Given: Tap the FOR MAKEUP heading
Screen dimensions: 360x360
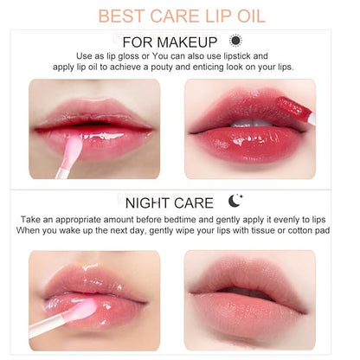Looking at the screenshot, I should [169, 42].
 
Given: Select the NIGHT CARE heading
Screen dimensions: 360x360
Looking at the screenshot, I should [170, 203].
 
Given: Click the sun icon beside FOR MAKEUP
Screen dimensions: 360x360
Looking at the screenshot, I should [235, 41].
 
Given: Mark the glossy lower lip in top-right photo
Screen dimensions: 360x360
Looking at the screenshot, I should [251, 141].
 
